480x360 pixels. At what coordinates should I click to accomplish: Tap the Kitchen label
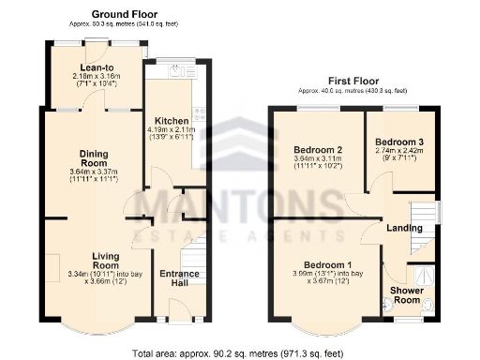[172, 121]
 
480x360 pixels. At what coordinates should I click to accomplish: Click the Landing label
[406, 228]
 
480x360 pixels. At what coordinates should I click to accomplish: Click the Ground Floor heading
[122, 15]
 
